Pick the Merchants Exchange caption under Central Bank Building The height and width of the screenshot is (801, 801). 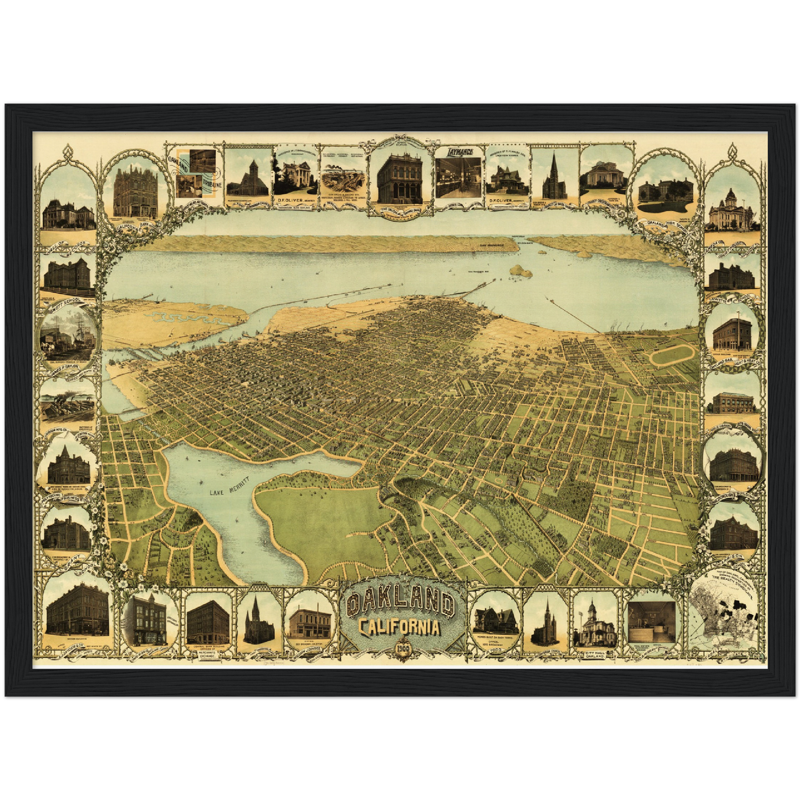[x=207, y=652]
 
